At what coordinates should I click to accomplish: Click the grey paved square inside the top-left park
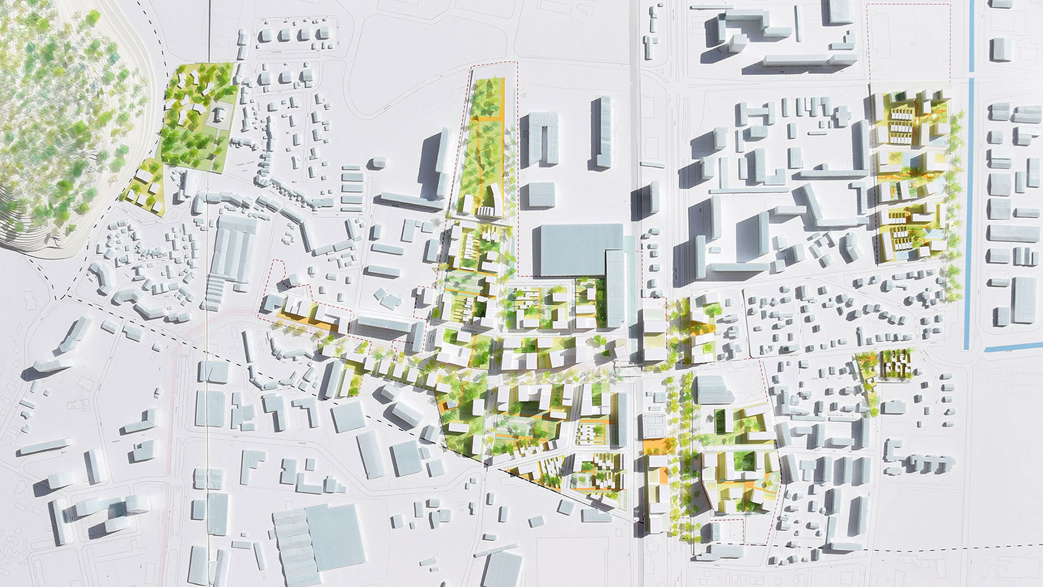[x=218, y=116]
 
